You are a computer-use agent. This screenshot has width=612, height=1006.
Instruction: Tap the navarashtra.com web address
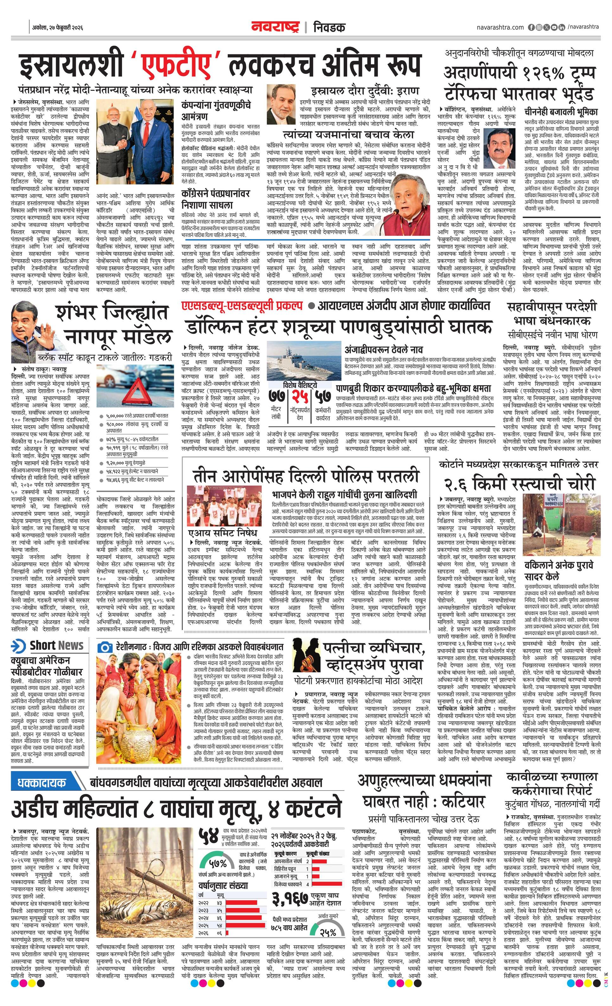500,27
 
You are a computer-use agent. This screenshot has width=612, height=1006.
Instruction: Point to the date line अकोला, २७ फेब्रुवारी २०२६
58,28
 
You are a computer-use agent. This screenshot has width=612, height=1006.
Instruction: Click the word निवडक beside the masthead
329,27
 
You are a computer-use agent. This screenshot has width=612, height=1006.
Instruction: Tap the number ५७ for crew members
322,397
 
